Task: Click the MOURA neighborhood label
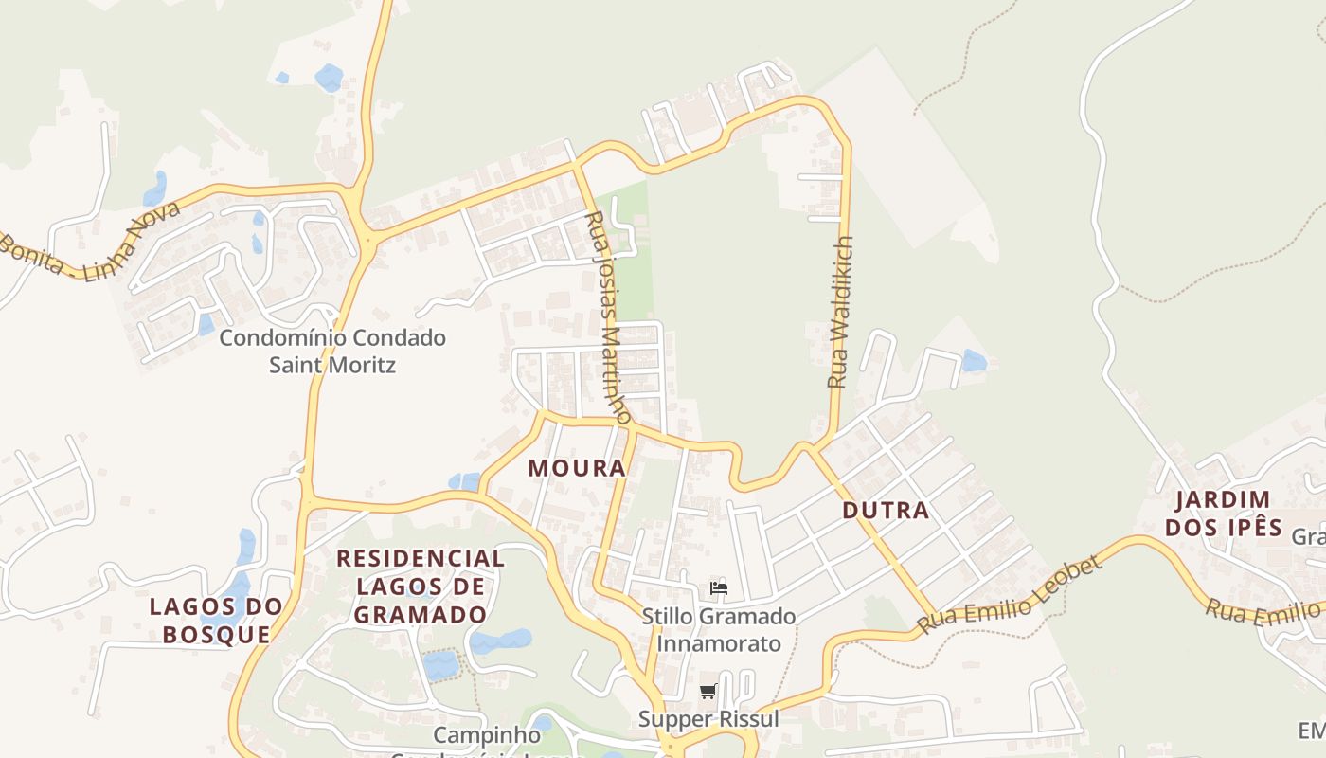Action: pos(577,468)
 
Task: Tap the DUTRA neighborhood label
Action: pos(886,511)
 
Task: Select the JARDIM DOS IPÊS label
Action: pos(1223,514)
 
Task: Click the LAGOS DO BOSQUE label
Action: pos(216,620)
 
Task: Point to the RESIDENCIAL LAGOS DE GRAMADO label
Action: pos(421,586)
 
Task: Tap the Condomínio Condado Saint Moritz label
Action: pos(332,351)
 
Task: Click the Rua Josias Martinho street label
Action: pos(608,317)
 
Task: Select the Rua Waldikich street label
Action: pos(840,312)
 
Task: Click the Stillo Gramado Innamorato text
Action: pos(719,630)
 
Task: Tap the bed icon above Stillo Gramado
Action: pos(719,587)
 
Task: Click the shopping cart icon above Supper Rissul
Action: pos(708,691)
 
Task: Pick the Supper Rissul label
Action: pos(708,719)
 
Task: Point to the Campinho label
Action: pos(487,735)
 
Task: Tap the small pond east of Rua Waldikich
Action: pos(974,361)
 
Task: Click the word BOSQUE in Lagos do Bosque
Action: pos(216,634)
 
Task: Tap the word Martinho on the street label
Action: pos(617,375)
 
